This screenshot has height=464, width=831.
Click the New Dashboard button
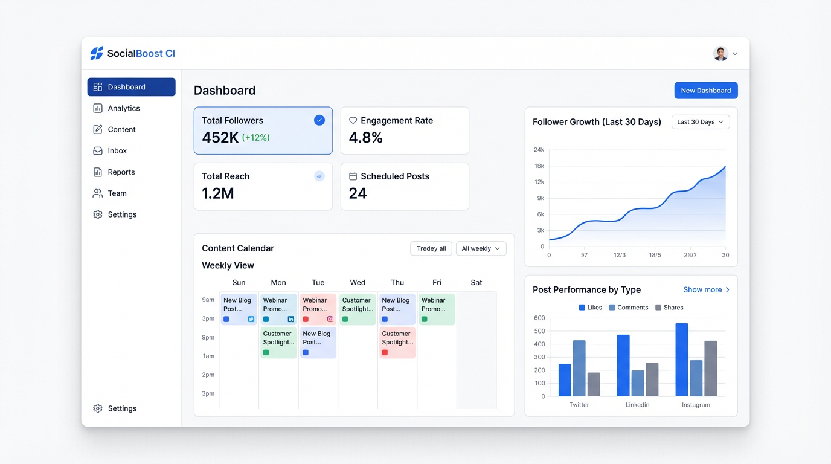(705, 91)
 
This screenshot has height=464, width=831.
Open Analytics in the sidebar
(124, 108)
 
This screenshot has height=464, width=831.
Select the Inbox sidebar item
(117, 151)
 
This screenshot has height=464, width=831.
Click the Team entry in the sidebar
(117, 193)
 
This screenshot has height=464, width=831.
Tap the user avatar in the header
(720, 54)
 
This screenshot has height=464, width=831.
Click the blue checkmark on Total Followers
(319, 120)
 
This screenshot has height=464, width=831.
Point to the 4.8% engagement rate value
(365, 138)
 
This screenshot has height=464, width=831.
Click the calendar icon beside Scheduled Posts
(353, 176)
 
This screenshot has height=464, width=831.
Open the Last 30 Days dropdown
(701, 122)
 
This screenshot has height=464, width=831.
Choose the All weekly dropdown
(481, 248)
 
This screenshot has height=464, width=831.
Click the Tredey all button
(431, 248)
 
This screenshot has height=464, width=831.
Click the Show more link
(706, 290)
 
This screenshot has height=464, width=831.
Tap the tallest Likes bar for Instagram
(681, 359)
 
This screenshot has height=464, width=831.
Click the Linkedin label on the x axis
(637, 405)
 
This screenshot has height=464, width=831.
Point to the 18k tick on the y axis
(539, 166)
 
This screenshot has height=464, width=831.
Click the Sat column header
(476, 283)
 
